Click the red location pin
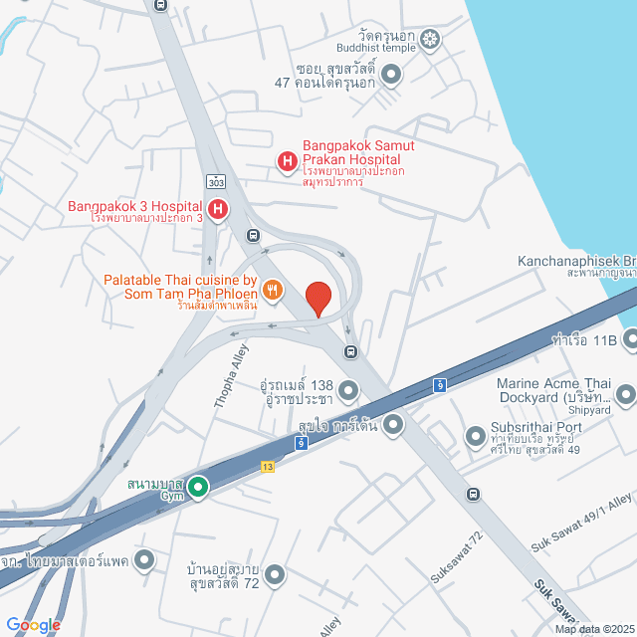click(x=318, y=299)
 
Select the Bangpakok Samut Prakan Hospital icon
click(x=287, y=160)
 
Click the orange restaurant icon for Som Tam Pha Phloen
click(x=273, y=290)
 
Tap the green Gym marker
click(x=198, y=487)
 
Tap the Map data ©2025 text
click(x=593, y=629)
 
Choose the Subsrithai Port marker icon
click(x=474, y=437)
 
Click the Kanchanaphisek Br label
click(x=576, y=264)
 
